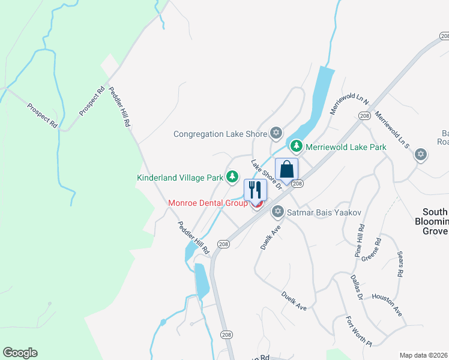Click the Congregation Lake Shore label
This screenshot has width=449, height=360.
pos(220,134)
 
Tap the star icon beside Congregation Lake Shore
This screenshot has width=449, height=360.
pos(276,133)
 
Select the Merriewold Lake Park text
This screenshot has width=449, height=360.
pos(345,146)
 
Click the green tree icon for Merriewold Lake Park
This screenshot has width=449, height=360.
pos(296,146)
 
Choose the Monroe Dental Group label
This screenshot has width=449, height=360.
pos(208,203)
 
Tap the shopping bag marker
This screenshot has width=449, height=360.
pos(286,169)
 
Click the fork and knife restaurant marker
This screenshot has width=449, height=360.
pos(255,190)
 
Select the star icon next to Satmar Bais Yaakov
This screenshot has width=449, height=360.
pos(277,211)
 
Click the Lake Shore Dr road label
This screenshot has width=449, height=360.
pos(267,174)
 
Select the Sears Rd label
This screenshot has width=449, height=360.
pos(400,264)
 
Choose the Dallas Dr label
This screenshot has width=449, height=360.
pos(356,287)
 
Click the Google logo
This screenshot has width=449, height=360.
pos(20,353)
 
